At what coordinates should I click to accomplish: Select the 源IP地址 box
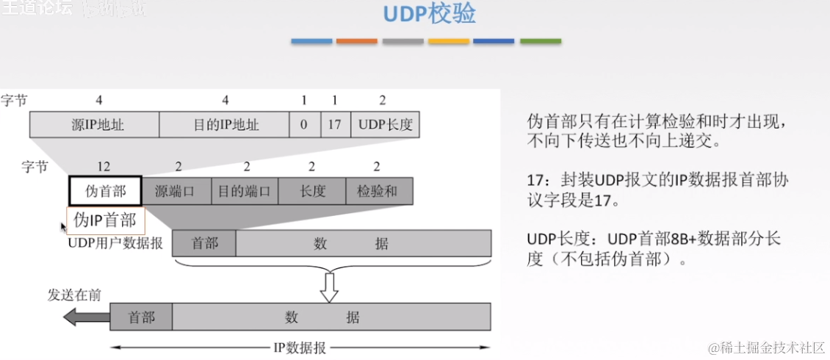coord(94,124)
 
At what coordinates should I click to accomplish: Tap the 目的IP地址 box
coord(225,124)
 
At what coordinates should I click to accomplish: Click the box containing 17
coord(335,124)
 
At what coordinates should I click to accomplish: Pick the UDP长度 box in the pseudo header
coord(385,124)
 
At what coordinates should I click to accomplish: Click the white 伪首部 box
coord(105,191)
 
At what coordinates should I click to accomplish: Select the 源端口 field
coord(176,192)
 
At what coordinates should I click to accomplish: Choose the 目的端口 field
coord(245,192)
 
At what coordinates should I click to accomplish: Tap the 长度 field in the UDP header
coord(312,192)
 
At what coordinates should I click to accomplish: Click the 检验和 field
coord(378,192)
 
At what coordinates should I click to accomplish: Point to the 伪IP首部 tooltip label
coord(105,220)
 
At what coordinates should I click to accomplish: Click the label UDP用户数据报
coord(115,243)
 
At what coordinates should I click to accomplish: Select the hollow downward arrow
coord(329,286)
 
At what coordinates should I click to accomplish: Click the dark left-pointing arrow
coord(86,317)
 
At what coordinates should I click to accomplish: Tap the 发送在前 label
coord(74,295)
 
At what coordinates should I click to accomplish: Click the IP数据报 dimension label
coord(300,348)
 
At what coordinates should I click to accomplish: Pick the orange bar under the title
coord(356,41)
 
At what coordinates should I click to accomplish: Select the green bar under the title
coord(540,41)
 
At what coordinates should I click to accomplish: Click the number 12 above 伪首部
coord(104,167)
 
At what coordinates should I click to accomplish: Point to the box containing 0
coord(304,124)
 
